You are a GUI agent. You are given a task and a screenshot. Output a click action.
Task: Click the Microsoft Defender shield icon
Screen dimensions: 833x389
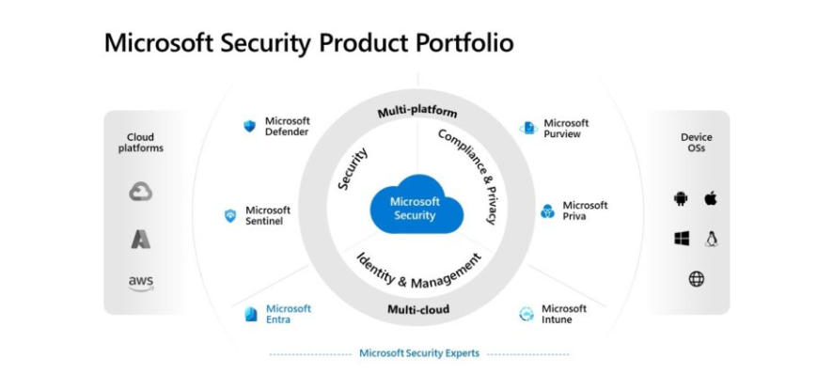click(249, 126)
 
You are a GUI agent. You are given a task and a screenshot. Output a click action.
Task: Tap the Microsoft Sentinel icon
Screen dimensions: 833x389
click(230, 215)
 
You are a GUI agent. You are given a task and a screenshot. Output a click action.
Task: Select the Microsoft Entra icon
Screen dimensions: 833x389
click(251, 314)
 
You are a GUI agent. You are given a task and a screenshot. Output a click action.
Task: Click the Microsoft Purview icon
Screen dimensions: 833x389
click(528, 128)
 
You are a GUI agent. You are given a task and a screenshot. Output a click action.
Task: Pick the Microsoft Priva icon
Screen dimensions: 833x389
click(547, 211)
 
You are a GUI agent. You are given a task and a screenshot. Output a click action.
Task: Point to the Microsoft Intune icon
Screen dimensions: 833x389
click(526, 314)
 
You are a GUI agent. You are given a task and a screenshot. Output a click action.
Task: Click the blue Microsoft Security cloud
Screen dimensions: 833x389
click(416, 205)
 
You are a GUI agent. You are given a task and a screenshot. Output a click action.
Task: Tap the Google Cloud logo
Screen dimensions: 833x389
click(141, 191)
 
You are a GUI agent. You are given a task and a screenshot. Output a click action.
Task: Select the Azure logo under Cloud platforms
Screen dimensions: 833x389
click(141, 239)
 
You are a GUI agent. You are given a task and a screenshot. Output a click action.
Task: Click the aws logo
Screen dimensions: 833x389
click(141, 283)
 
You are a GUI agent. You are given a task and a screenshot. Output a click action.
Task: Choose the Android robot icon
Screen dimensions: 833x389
click(681, 199)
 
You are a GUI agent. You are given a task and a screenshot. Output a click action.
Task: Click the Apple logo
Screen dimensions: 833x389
click(711, 198)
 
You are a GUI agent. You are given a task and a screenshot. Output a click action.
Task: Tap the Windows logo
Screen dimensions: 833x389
click(682, 239)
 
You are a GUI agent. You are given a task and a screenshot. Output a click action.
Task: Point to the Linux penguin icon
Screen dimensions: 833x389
click(712, 239)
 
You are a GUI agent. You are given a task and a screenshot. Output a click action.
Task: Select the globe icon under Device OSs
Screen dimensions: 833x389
click(697, 279)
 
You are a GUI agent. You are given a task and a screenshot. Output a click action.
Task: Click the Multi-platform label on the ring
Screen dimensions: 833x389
click(417, 113)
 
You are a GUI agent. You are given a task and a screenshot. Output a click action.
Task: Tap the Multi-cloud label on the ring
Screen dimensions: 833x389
click(418, 309)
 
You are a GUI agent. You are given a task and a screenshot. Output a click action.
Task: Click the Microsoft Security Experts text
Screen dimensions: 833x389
click(419, 353)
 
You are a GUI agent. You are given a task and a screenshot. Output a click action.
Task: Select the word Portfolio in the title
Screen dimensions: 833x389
click(464, 43)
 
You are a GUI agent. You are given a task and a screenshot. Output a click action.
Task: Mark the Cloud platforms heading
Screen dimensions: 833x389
click(141, 142)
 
